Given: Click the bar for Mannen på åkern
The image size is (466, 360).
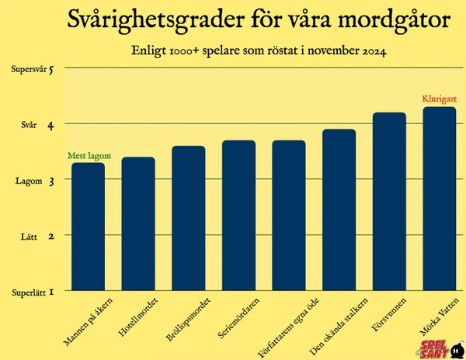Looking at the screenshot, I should point(88,227).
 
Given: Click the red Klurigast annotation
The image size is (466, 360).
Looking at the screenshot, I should point(438,99).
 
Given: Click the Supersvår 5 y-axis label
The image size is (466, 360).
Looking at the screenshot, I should point(37,69).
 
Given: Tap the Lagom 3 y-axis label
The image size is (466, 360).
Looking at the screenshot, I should point(37,180).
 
